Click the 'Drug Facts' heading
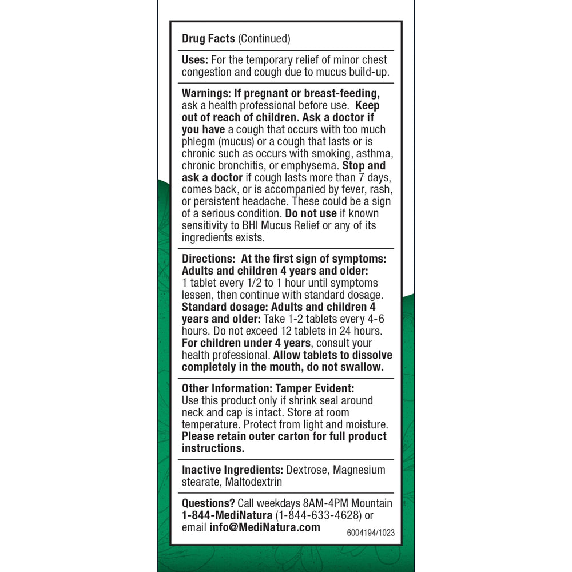(208, 39)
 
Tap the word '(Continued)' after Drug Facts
(264, 39)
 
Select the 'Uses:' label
(196, 60)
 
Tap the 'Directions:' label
(208, 259)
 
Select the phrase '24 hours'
(363, 331)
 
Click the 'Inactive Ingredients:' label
(233, 470)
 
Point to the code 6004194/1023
(371, 533)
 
